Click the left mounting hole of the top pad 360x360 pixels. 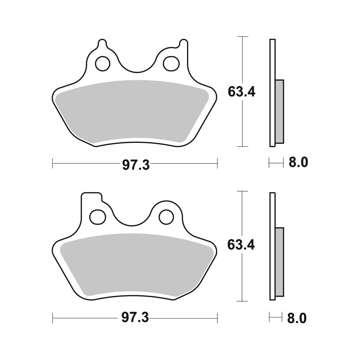pyautogui.click(x=103, y=64)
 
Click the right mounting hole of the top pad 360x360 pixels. pyautogui.click(x=171, y=64)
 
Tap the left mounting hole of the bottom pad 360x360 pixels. pyautogui.click(x=97, y=217)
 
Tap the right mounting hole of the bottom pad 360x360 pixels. pyautogui.click(x=166, y=217)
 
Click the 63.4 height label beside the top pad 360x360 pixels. pyautogui.click(x=242, y=92)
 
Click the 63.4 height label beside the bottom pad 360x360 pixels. pyautogui.click(x=242, y=245)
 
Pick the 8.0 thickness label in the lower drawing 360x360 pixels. pyautogui.click(x=298, y=318)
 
